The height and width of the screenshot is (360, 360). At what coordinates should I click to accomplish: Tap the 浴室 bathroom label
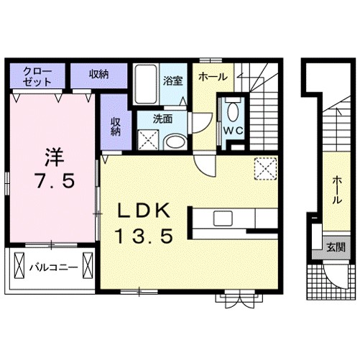pos(173,80)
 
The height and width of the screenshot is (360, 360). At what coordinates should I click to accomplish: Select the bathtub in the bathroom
pos(145,84)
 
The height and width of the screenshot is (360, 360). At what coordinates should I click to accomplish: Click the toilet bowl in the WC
pos(232,112)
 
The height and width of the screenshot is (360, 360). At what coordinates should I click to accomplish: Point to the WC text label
pos(234,131)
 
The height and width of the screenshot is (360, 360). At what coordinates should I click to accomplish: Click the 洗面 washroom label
pos(163,119)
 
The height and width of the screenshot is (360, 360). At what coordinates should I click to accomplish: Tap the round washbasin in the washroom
pos(175,142)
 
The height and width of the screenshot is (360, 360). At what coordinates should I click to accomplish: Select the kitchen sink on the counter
pos(223,218)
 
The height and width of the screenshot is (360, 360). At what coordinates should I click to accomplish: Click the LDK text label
pos(143,211)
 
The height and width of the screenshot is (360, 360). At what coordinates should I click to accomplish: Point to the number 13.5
pos(144,236)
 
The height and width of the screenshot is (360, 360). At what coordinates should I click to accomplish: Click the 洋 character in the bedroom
pos(55,157)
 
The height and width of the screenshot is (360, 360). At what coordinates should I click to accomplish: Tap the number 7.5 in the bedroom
pos(55,181)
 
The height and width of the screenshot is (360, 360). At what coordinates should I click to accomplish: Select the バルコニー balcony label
pos(54,267)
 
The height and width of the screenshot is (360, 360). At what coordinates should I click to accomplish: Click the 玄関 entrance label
pos(336,247)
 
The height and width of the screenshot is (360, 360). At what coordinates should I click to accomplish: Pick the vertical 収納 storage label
pos(116,126)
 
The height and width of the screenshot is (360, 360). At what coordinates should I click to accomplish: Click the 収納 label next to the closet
pos(99,74)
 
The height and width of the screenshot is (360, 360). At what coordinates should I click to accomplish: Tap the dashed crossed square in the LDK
pos(265,168)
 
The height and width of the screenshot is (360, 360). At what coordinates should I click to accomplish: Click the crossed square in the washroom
pos(149,140)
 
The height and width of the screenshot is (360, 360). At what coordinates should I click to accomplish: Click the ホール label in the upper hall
pos(213,77)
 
